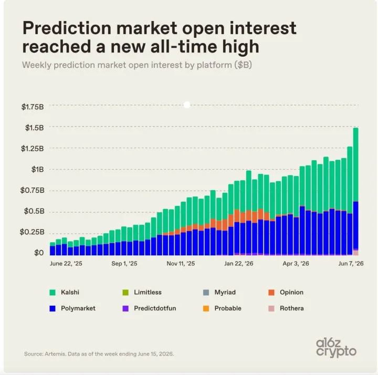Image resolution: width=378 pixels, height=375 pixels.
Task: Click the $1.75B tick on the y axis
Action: click(x=33, y=107)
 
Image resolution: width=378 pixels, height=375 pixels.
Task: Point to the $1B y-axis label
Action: click(x=38, y=169)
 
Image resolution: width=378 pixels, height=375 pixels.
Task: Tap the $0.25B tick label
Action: click(x=32, y=232)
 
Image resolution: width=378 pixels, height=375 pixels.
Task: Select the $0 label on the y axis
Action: click(x=39, y=253)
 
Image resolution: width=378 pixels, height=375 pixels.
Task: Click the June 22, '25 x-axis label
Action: click(x=66, y=263)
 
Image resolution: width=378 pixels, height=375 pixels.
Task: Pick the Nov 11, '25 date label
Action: click(x=181, y=263)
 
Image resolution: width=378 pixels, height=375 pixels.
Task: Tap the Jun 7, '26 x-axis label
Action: click(x=351, y=263)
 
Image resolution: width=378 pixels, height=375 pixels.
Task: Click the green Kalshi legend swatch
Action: click(x=52, y=293)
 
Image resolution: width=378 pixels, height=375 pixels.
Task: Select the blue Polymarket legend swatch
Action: click(x=52, y=308)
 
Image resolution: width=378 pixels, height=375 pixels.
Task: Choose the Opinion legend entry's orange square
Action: click(x=271, y=293)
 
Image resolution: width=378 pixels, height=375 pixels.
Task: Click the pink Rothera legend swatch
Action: click(x=271, y=308)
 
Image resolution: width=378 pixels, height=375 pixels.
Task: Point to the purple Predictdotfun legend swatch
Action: click(x=125, y=308)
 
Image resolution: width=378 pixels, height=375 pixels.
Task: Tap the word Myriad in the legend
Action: click(x=225, y=293)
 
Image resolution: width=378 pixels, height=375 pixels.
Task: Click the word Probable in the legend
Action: click(x=228, y=308)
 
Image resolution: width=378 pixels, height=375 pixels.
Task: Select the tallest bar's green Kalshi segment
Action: click(x=355, y=165)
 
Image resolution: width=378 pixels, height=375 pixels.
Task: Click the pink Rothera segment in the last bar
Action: click(x=355, y=253)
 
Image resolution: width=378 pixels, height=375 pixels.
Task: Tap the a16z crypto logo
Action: click(x=336, y=348)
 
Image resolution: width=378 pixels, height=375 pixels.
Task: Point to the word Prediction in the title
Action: click(x=67, y=28)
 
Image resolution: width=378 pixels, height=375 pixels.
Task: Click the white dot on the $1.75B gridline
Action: click(x=187, y=105)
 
